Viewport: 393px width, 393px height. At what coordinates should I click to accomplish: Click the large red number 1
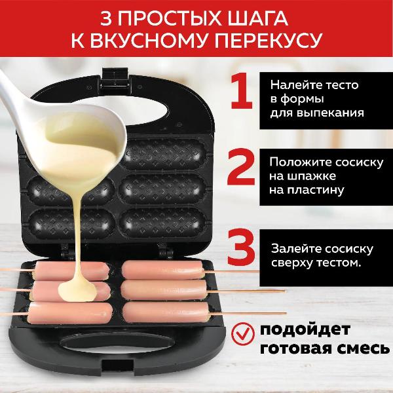tap(242, 91)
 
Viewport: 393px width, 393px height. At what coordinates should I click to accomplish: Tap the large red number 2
tap(241, 167)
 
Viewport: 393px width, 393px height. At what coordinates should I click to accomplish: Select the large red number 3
tap(241, 247)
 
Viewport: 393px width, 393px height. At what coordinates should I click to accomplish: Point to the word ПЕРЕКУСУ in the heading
tap(268, 40)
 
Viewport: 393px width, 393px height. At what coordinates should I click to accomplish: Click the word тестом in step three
tap(337, 263)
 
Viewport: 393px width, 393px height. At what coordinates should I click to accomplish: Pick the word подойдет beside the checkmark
tap(305, 329)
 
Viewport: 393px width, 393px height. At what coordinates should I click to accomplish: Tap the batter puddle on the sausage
tap(78, 291)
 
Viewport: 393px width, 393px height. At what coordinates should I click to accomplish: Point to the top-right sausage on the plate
tap(163, 269)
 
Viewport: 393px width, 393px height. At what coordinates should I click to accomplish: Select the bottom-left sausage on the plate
tap(70, 313)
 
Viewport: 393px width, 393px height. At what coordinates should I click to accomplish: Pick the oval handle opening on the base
tap(117, 343)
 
